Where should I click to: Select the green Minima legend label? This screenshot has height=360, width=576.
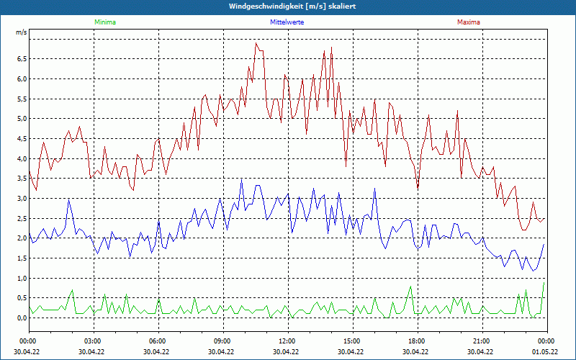(104, 22)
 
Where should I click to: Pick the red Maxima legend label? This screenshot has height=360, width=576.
(469, 22)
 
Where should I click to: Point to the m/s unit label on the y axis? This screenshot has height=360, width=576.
(21, 33)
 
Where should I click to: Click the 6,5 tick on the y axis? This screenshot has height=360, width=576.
(21, 59)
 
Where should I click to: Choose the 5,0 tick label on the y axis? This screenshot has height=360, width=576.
(21, 119)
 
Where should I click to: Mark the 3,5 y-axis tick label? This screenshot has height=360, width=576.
(21, 179)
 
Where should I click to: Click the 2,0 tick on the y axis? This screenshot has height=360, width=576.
(21, 238)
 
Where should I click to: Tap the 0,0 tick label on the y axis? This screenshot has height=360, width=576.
(21, 318)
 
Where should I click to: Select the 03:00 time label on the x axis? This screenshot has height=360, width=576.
(92, 341)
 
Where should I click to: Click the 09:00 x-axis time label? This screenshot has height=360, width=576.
(222, 341)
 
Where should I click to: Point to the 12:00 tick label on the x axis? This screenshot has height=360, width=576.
(287, 341)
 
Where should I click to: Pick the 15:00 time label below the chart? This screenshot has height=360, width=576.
(351, 341)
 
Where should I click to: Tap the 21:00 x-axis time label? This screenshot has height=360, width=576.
(481, 341)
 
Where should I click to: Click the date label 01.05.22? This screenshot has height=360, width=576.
(545, 352)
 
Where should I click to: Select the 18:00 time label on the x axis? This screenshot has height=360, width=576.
(416, 341)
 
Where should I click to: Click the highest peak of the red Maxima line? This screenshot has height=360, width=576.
(256, 43)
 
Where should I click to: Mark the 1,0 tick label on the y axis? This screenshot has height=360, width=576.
(21, 279)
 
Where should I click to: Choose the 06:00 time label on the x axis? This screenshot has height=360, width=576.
(157, 341)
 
